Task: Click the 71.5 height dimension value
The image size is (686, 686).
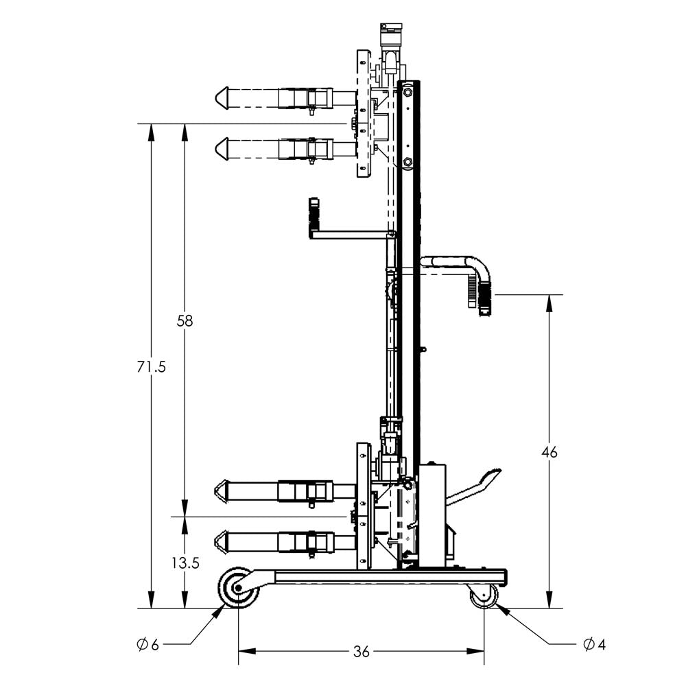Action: (x=151, y=366)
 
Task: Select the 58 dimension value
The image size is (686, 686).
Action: (x=185, y=320)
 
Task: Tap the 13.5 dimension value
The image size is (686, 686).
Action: (x=185, y=563)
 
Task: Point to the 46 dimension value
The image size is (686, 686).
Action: (x=549, y=452)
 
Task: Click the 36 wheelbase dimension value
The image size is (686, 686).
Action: (x=361, y=652)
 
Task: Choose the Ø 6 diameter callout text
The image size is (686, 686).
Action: (x=147, y=645)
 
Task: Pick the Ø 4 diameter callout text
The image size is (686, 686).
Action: (x=594, y=644)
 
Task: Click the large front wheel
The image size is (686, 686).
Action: (x=238, y=588)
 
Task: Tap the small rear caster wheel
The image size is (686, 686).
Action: (x=484, y=595)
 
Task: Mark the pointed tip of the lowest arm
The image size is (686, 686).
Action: (x=222, y=542)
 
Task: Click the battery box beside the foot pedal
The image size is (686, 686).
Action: (x=431, y=514)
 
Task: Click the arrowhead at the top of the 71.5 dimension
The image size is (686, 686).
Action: (x=151, y=130)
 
